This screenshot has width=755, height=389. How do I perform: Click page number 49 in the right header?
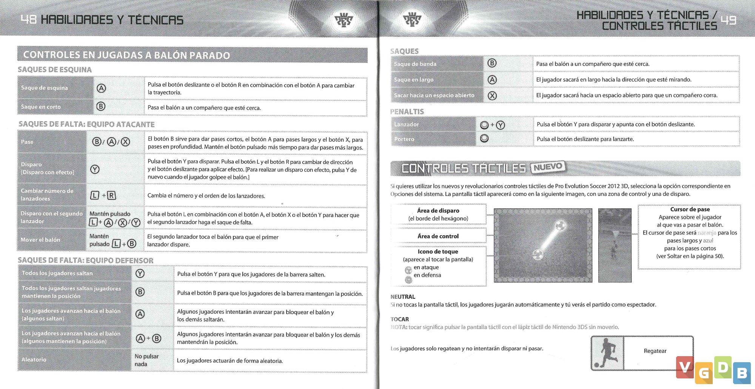tap(728, 20)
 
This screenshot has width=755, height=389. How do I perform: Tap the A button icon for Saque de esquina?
tap(101, 88)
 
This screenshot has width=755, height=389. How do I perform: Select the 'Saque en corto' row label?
tap(41, 107)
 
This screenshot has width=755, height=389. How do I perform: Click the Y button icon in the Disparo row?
tap(95, 169)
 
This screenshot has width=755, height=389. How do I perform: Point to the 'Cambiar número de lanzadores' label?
tap(47, 195)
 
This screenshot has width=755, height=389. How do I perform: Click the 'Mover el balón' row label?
tap(40, 240)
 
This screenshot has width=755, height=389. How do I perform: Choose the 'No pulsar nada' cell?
tap(146, 360)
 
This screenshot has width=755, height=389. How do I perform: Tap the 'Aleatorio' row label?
tap(34, 360)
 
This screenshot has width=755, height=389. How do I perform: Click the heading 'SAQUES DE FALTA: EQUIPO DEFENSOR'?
tap(86, 260)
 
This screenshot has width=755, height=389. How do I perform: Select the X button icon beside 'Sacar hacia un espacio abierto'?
tap(492, 96)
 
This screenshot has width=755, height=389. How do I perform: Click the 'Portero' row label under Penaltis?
tap(404, 139)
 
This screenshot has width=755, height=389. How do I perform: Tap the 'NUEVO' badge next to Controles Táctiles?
tap(548, 167)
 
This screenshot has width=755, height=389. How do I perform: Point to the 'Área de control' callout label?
tap(438, 236)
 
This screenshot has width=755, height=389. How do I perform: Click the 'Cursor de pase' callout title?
tap(690, 209)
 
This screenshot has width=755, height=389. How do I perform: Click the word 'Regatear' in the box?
tap(655, 351)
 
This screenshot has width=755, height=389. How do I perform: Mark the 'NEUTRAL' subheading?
tap(403, 297)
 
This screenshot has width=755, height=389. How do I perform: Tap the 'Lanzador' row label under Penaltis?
tap(406, 124)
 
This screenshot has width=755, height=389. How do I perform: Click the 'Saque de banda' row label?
tap(415, 64)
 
